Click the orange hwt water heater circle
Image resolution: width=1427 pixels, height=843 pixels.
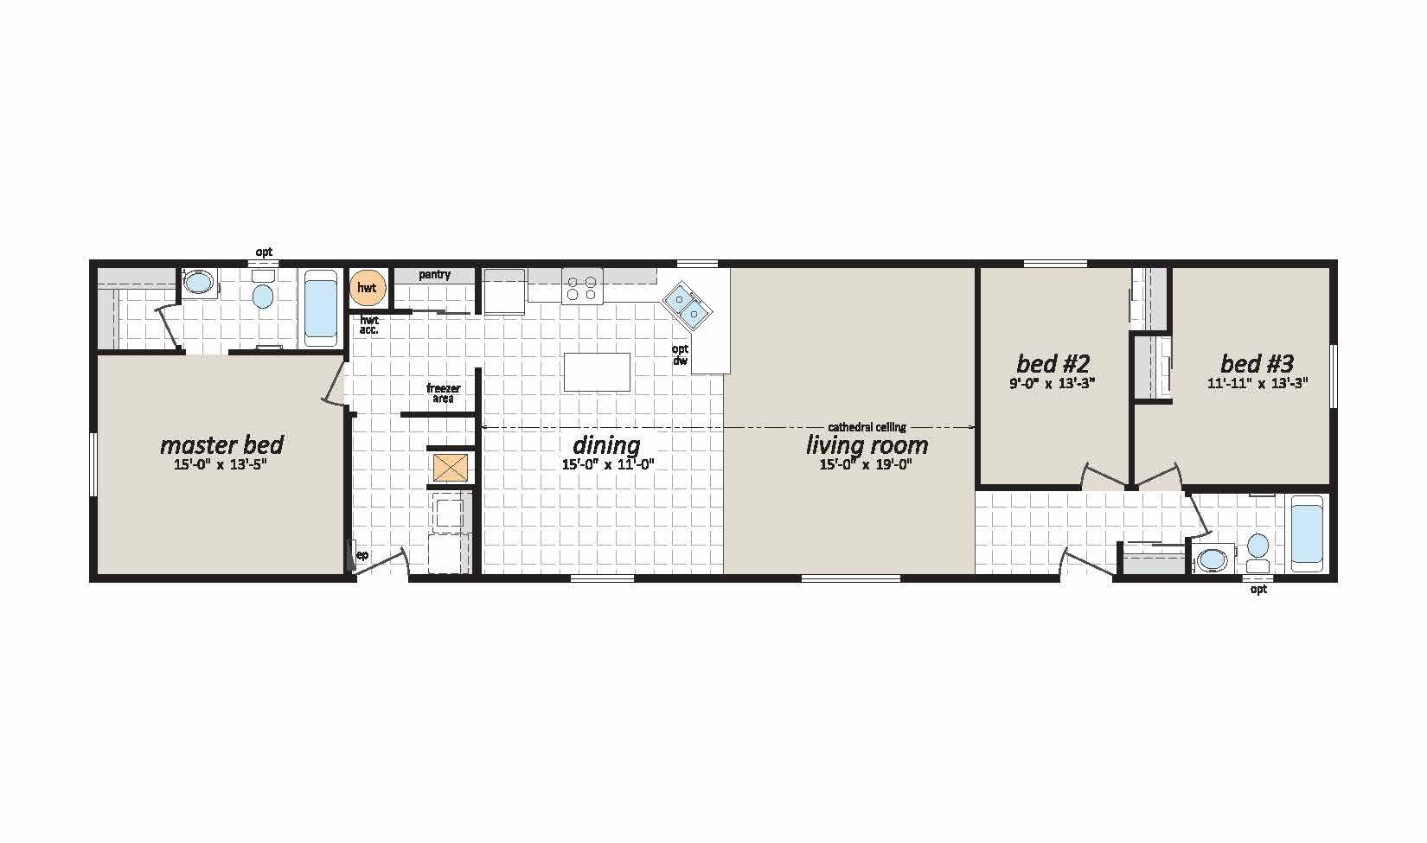(368, 288)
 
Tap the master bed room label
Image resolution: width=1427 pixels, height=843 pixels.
(221, 444)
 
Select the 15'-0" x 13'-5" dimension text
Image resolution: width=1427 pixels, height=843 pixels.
(220, 465)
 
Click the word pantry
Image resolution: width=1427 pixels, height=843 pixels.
(434, 274)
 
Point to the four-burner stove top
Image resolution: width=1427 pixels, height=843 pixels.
(582, 287)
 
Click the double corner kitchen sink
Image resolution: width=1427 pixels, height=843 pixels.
(686, 306)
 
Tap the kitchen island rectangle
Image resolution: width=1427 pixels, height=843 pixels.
(597, 373)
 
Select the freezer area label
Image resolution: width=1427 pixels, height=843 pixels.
(444, 393)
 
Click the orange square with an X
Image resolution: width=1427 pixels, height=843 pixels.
(451, 468)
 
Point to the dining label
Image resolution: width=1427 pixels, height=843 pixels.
(606, 444)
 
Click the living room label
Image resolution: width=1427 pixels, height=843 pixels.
(867, 444)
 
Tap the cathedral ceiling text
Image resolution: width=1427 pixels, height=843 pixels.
(867, 427)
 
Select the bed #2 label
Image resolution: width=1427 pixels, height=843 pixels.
(1053, 363)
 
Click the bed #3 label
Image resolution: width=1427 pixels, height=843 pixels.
(1257, 363)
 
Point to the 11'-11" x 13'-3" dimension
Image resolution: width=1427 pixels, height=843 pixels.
(1257, 383)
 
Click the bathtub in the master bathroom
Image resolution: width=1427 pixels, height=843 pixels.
(321, 308)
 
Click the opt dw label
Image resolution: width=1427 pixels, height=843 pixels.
(681, 354)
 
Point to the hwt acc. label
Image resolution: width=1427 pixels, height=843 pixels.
(368, 325)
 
